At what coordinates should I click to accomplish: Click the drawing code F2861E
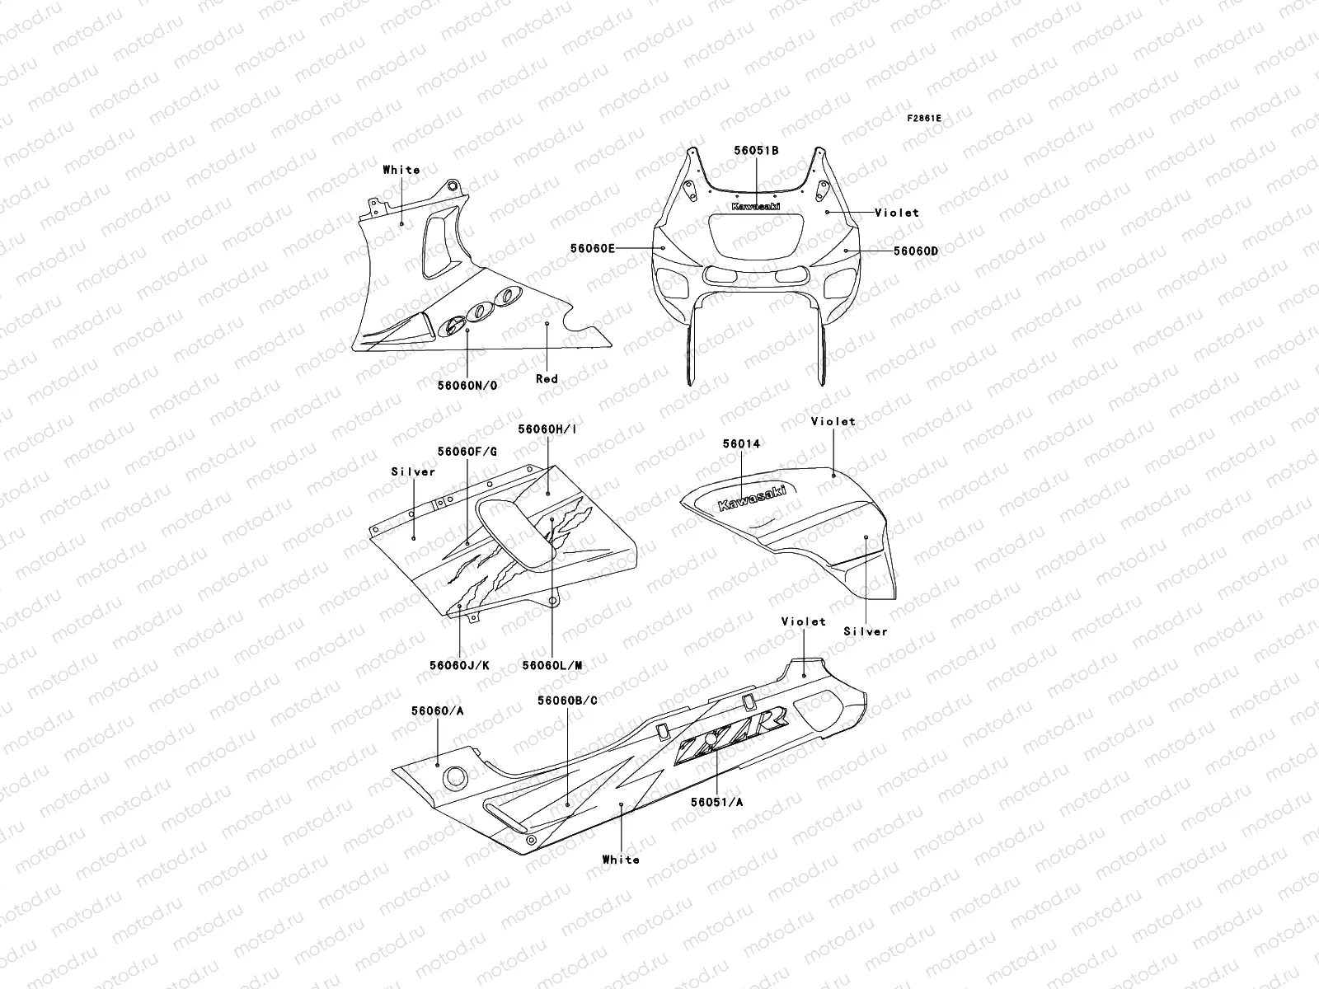point(924,119)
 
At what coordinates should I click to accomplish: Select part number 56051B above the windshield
point(757,151)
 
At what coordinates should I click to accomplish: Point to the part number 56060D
point(915,251)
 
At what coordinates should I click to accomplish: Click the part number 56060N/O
point(467,385)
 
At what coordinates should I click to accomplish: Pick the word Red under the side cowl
point(547,378)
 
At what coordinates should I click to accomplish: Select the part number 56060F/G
point(467,451)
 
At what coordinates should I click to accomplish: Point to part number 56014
point(741,443)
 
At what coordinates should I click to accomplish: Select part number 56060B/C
point(567,700)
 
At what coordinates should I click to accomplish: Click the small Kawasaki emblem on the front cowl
point(755,206)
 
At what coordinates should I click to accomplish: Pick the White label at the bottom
point(621,860)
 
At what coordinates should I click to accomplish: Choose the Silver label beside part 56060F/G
point(413,472)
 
